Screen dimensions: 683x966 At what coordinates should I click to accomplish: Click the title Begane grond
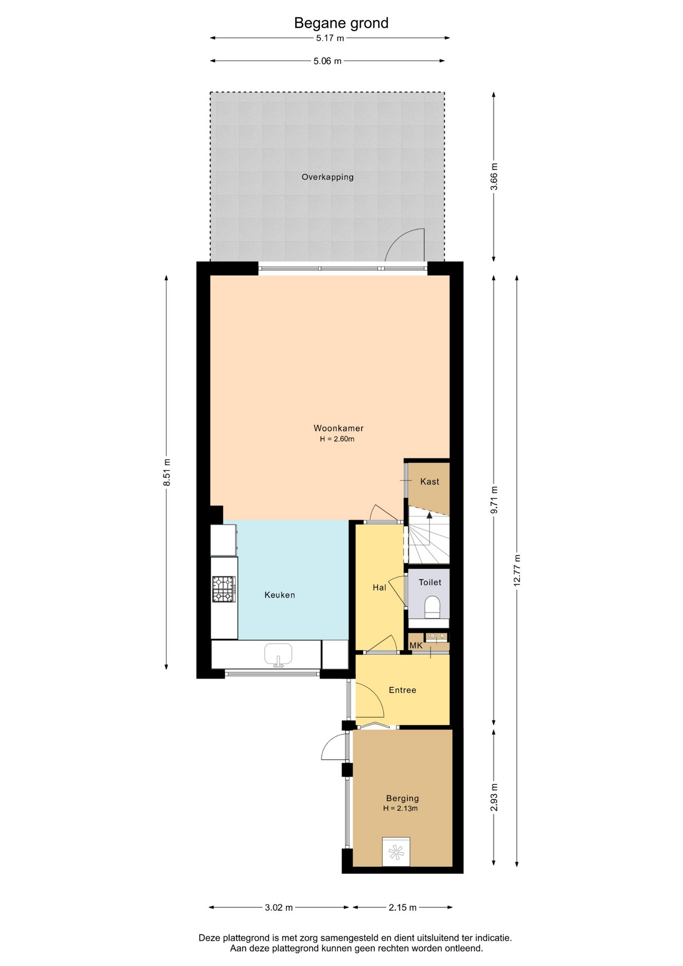point(341,23)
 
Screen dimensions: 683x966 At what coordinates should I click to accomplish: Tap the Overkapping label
point(327,177)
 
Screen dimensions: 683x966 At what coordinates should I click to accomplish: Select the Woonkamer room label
point(338,428)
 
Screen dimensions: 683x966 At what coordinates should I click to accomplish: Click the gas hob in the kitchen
point(224,589)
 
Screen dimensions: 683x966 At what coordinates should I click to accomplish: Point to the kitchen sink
point(278,655)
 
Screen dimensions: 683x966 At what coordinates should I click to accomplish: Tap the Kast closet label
point(430,481)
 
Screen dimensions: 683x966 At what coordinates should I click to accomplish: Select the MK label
point(416,646)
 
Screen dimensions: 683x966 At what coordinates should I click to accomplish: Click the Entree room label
point(402,690)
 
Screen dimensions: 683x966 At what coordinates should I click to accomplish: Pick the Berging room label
point(402,798)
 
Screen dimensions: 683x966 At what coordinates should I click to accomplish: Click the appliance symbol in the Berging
point(396,852)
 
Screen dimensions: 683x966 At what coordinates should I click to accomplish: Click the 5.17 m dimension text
point(330,38)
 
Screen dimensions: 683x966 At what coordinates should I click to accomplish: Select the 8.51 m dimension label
point(167,472)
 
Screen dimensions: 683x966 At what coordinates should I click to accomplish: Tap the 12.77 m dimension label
point(517,570)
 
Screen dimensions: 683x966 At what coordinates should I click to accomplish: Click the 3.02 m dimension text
point(279,908)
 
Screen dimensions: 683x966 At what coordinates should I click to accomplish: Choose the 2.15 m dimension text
point(402,908)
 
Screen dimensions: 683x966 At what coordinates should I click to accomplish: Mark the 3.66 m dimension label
point(494,177)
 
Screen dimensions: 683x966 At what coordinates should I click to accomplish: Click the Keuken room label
point(280,595)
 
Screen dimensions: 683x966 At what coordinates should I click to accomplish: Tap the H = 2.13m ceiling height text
point(400,809)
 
